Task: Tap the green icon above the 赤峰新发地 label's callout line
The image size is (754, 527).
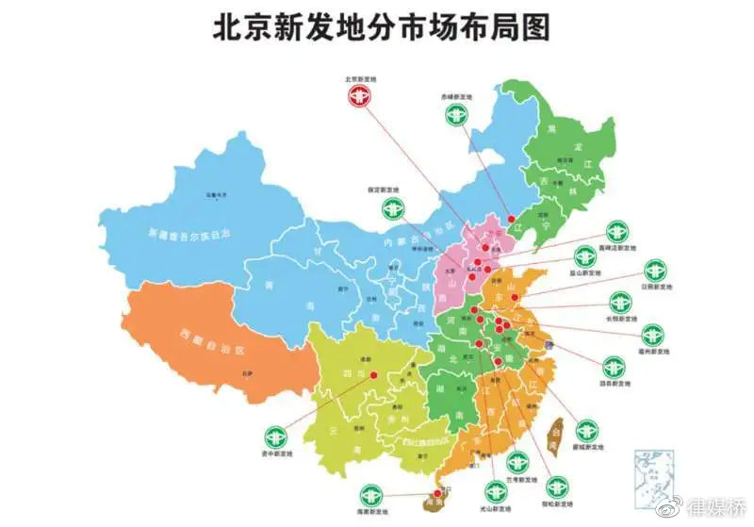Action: point(455,114)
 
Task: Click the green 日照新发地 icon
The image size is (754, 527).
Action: point(653,270)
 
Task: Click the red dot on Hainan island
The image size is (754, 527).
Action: point(436,492)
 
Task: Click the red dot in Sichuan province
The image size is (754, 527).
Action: point(374,374)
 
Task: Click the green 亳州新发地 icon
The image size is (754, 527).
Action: point(651,335)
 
